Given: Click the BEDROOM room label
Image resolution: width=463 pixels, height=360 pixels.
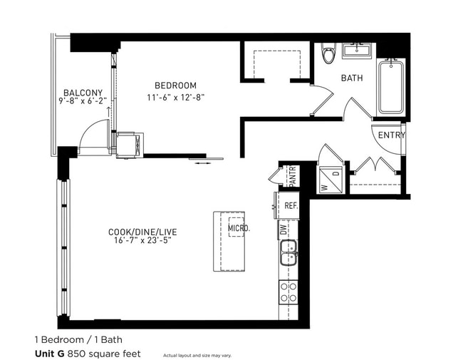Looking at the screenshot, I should [x=175, y=86].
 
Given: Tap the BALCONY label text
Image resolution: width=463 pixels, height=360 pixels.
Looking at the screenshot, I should [x=83, y=93].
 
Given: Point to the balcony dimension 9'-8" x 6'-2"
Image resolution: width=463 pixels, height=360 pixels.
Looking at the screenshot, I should [x=83, y=102].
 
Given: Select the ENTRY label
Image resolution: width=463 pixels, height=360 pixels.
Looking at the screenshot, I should [x=391, y=135].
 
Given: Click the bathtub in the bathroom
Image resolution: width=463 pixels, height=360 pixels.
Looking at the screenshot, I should [x=391, y=87].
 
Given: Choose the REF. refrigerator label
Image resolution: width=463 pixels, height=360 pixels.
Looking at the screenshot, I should [x=290, y=205].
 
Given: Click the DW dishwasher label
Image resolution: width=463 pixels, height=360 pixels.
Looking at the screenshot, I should [x=283, y=229].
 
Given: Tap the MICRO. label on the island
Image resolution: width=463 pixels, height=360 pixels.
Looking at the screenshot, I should [x=238, y=228].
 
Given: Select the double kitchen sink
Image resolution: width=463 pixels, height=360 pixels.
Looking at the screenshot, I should [x=288, y=253].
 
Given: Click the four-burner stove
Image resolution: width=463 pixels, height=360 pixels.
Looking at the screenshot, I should [x=288, y=293].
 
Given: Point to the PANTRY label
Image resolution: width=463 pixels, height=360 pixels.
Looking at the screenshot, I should [x=292, y=175].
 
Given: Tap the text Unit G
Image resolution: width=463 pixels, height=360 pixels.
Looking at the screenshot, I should [x=50, y=353].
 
